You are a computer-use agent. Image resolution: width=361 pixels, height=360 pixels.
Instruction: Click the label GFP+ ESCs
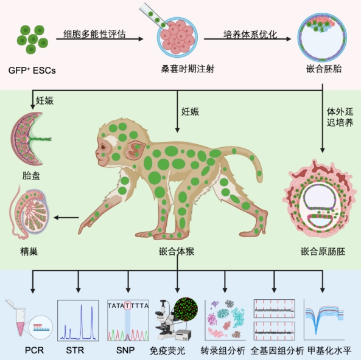click(x=32, y=70)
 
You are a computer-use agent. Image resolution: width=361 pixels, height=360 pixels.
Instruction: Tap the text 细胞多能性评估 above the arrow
click(x=94, y=34)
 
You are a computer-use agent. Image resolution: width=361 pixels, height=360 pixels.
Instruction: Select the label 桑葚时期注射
click(x=188, y=69)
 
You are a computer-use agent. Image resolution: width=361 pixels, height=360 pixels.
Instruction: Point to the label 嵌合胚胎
click(x=324, y=69)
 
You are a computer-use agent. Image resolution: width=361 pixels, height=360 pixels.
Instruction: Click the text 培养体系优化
click(x=250, y=35)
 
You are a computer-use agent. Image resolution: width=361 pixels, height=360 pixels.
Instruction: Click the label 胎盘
click(x=31, y=176)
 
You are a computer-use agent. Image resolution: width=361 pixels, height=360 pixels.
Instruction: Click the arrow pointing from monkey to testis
click(x=66, y=217)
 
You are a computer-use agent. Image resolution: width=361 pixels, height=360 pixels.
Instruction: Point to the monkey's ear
click(x=135, y=150)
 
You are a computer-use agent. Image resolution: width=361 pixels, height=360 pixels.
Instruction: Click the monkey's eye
click(x=103, y=147)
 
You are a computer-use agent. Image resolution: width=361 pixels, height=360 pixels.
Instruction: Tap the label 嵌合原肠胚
click(x=323, y=251)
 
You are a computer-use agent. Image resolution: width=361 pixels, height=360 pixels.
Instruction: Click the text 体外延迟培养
click(x=340, y=117)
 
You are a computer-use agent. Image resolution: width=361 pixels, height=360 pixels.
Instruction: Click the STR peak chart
click(x=78, y=320)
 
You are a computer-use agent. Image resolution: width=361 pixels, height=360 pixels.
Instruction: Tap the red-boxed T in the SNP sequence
click(x=128, y=305)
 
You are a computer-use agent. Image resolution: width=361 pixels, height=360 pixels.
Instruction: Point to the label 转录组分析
click(x=223, y=351)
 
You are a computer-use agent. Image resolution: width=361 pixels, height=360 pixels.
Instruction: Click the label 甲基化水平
click(x=330, y=351)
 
